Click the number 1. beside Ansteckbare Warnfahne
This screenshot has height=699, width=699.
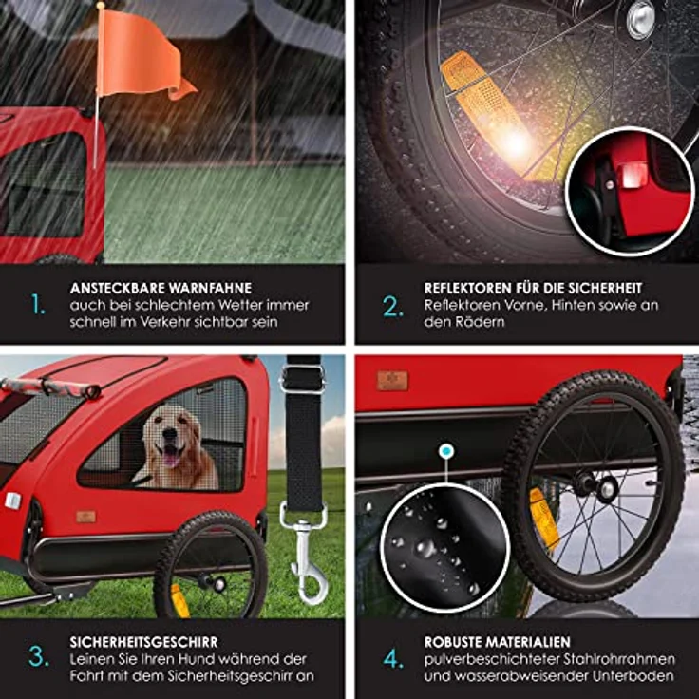(x=38, y=305)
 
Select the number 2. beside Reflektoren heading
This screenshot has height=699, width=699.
(x=393, y=306)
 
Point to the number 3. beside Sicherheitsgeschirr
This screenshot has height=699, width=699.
(x=39, y=656)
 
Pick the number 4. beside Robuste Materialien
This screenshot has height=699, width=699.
(x=393, y=658)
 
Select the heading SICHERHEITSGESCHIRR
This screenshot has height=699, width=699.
(x=144, y=642)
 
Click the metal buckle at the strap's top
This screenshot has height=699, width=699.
(x=303, y=378)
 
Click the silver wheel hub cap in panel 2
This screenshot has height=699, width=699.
(x=641, y=18)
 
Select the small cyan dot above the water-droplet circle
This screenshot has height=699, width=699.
(x=445, y=451)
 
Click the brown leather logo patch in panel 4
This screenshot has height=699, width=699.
(x=392, y=381)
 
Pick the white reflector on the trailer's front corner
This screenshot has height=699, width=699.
(x=13, y=501)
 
